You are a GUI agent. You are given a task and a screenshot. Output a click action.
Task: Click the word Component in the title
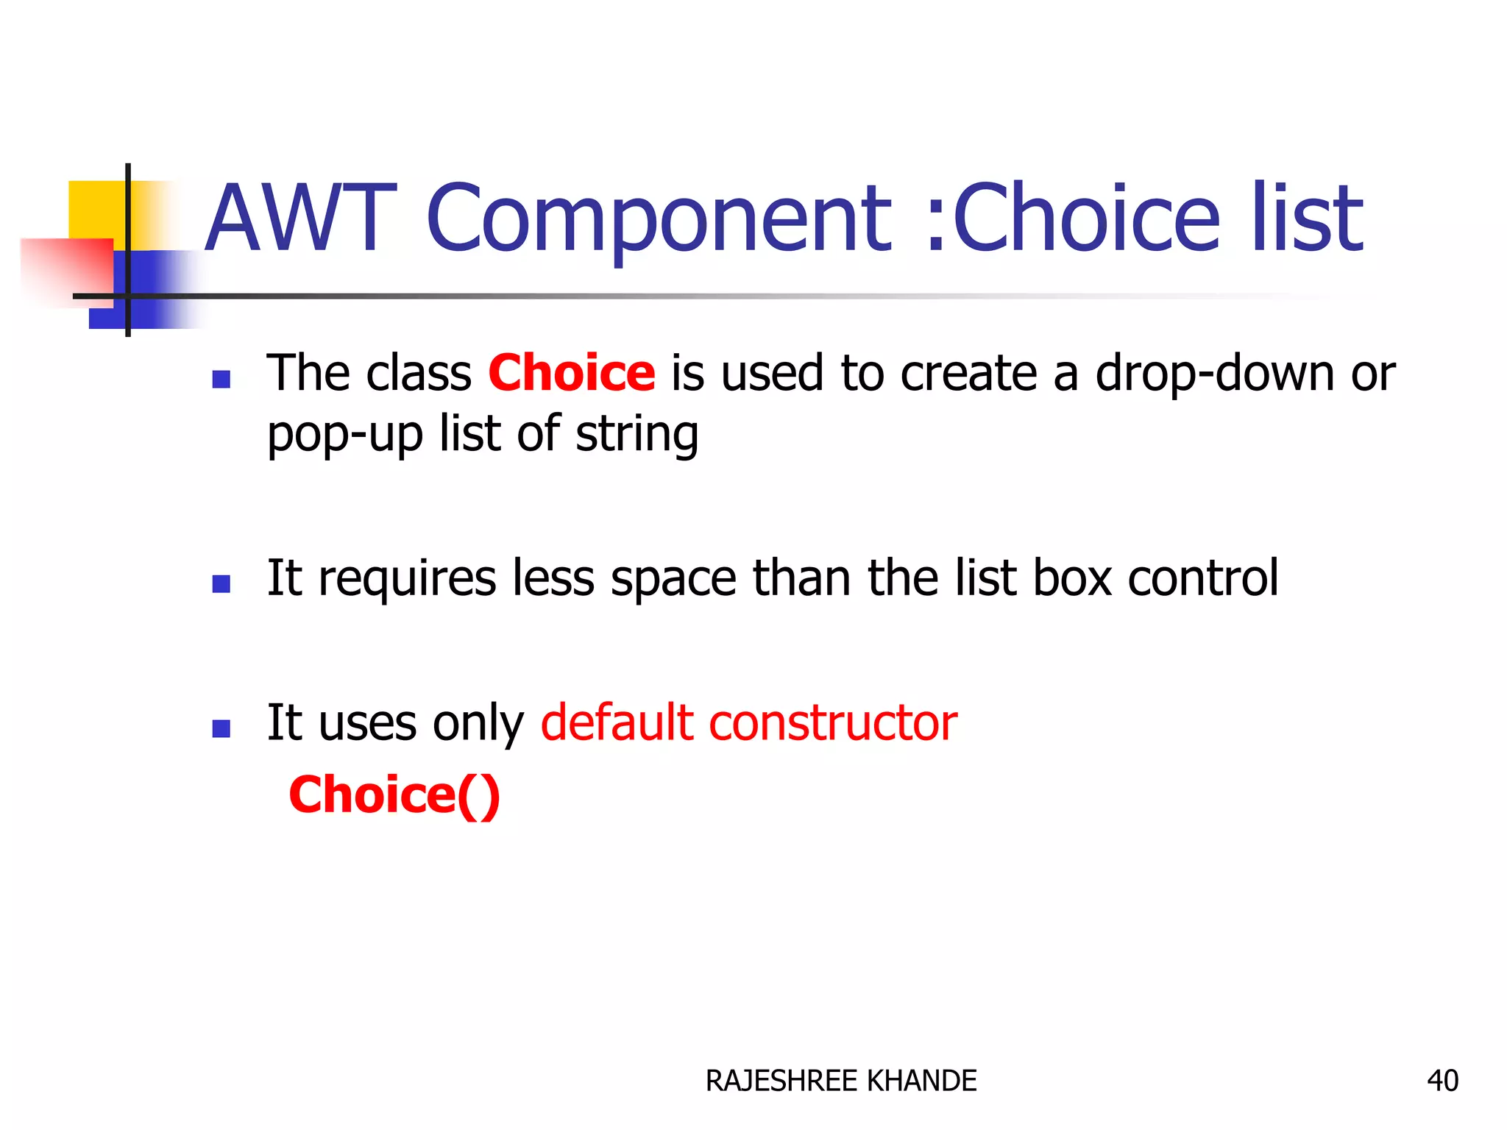pyautogui.click(x=659, y=219)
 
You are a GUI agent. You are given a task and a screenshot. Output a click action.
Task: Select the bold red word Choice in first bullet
pyautogui.click(x=571, y=373)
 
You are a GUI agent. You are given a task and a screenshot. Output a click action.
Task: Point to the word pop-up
pyautogui.click(x=344, y=434)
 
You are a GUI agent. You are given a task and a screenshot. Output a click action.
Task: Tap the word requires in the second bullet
pyautogui.click(x=407, y=579)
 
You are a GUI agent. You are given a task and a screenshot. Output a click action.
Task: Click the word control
pyautogui.click(x=1202, y=579)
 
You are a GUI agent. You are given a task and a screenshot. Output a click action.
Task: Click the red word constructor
pyautogui.click(x=832, y=722)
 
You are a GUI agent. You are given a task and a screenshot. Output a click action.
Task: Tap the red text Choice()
pyautogui.click(x=394, y=795)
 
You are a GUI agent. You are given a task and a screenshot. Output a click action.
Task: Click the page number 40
pyautogui.click(x=1442, y=1081)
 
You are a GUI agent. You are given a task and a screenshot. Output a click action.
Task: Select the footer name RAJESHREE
pyautogui.click(x=781, y=1081)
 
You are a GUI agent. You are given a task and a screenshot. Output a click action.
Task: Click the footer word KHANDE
pyautogui.click(x=921, y=1081)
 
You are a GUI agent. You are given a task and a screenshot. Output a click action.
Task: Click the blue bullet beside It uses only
pyautogui.click(x=221, y=728)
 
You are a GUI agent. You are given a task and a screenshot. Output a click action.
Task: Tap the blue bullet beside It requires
pyautogui.click(x=221, y=584)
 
